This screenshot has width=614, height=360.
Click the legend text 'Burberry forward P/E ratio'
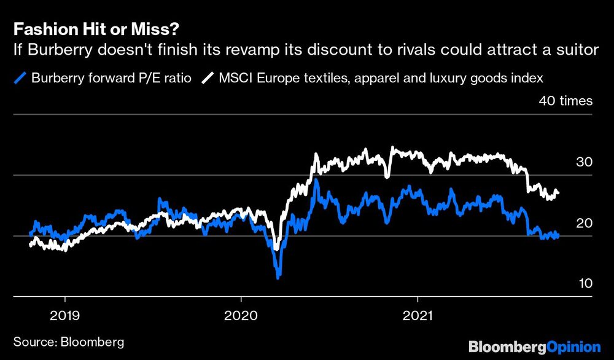(107, 78)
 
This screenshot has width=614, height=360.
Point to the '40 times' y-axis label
(565, 101)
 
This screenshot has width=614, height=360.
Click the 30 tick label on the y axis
(584, 162)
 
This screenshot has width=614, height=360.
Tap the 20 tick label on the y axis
(584, 223)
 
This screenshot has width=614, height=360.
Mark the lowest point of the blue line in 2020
(278, 278)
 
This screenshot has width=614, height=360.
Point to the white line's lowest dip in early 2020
(276, 249)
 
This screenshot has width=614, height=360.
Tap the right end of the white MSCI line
(558, 194)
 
